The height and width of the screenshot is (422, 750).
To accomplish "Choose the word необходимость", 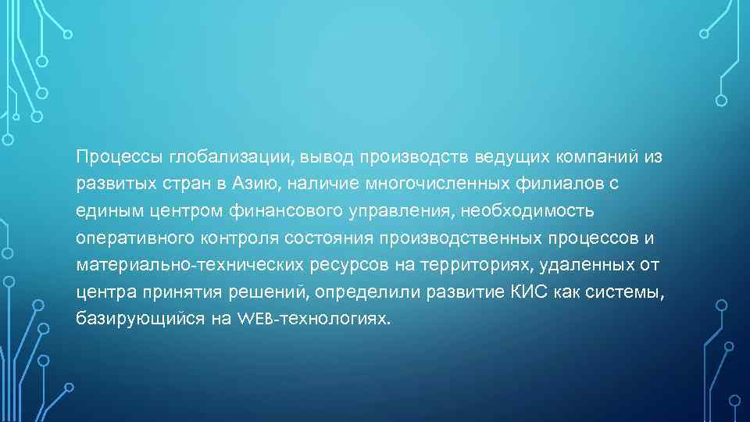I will pos(529,211).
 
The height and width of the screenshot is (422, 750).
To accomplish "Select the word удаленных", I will pos(594,266).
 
